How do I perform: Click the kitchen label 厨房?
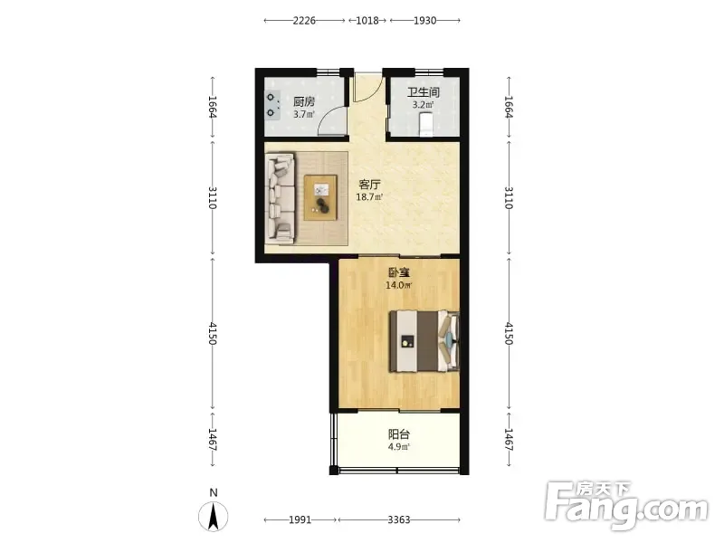304,101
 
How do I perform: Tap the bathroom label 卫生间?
424,92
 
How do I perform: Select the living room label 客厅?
370,185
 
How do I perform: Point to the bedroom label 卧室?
399,272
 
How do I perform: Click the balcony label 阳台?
399,434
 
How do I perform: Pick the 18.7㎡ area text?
369,197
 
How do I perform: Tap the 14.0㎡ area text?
399,285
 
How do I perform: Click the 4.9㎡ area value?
399,446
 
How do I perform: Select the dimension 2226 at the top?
304,20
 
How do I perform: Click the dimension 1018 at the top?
367,20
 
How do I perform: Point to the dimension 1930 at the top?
424,20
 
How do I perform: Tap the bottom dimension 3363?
399,519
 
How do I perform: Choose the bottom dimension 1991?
300,519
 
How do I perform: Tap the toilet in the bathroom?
425,125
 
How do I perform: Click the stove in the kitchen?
272,105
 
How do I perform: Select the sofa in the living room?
281,198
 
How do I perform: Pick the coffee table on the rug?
320,197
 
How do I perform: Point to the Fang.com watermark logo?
626,506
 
